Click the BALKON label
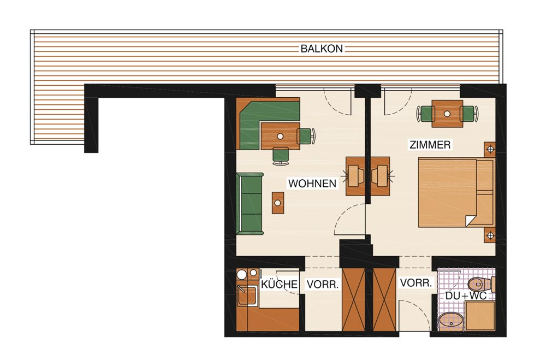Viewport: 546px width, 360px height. pyautogui.click(x=322, y=49)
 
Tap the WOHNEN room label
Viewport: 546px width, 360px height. pyautogui.click(x=312, y=184)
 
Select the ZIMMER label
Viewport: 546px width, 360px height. pyautogui.click(x=430, y=145)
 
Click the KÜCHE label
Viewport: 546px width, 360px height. pyautogui.click(x=279, y=285)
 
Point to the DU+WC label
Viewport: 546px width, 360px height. pyautogui.click(x=466, y=296)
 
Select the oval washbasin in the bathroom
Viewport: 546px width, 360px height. pyautogui.click(x=452, y=321)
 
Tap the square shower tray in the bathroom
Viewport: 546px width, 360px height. pyautogui.click(x=480, y=316)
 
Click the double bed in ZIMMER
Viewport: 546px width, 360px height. pyautogui.click(x=456, y=193)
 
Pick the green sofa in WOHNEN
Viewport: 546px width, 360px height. pyautogui.click(x=250, y=204)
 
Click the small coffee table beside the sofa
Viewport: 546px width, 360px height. pyautogui.click(x=278, y=203)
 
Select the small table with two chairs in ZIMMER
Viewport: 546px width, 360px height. pyautogui.click(x=448, y=114)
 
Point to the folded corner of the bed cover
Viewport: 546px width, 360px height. pyautogui.click(x=471, y=221)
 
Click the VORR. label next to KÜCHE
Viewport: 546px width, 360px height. pyautogui.click(x=323, y=285)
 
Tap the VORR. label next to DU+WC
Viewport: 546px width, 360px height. pyautogui.click(x=416, y=283)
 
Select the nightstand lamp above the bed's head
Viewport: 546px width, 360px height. pyautogui.click(x=490, y=150)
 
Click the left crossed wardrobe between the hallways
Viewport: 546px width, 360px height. pyautogui.click(x=353, y=300)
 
